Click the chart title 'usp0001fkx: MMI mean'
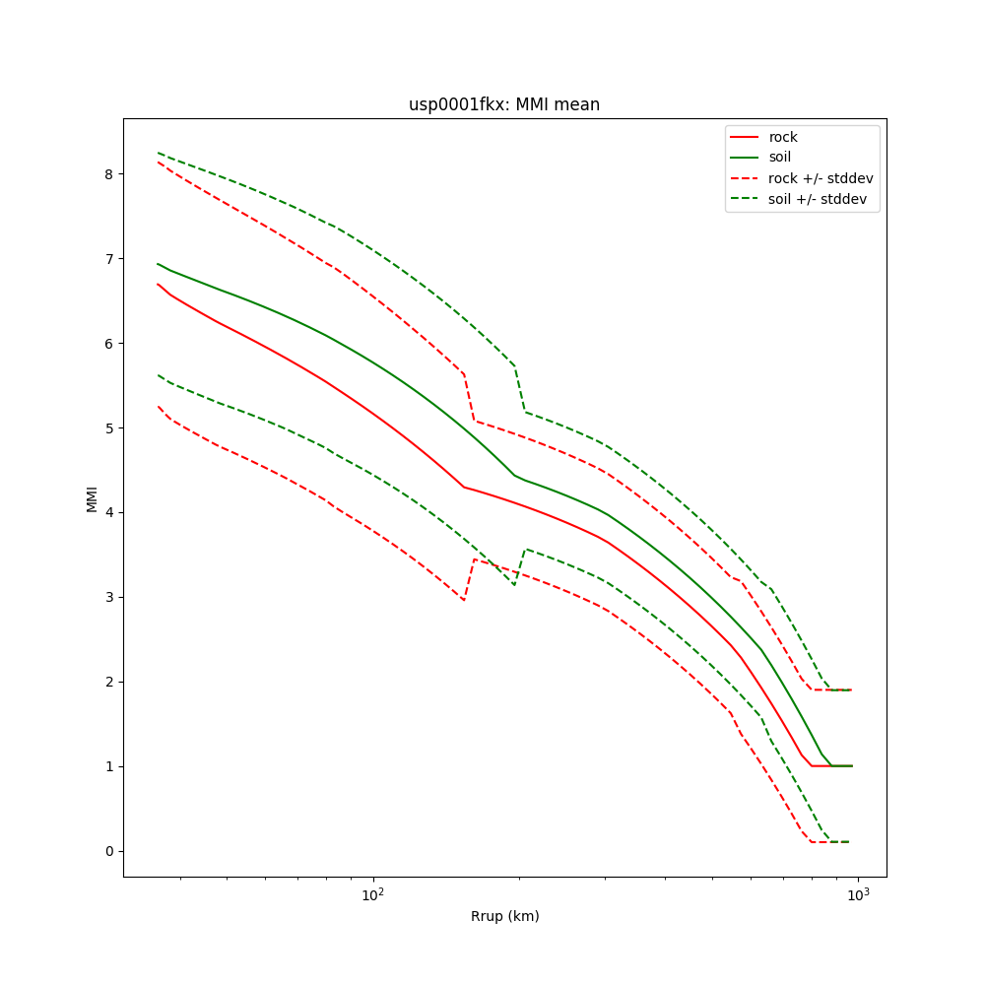(504, 104)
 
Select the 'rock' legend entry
(783, 137)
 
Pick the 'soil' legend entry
(779, 157)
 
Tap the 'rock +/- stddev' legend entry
(821, 177)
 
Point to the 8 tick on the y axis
(109, 174)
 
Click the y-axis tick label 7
(109, 259)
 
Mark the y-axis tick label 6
(109, 344)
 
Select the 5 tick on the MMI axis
(109, 428)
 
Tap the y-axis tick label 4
(109, 513)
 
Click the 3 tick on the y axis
(109, 598)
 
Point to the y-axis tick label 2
(109, 683)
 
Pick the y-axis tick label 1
(109, 767)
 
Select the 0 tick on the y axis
(109, 852)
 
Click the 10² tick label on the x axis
(372, 894)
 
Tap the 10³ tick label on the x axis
(858, 894)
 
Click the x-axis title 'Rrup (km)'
(504, 916)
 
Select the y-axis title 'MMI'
(92, 498)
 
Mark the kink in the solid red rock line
(464, 487)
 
